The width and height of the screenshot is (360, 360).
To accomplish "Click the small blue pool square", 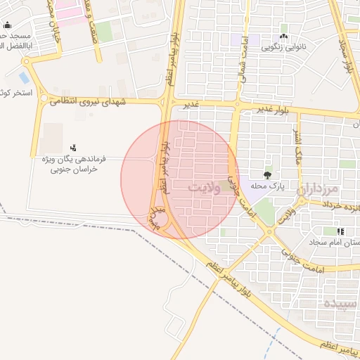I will tap(25, 77).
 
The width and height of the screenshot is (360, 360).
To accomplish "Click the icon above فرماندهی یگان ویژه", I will tap(72, 148).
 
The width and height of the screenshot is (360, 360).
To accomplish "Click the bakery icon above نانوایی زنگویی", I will tap(283, 36).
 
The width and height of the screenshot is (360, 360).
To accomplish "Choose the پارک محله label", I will tap(267, 187).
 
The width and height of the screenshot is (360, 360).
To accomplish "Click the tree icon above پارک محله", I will tap(267, 174).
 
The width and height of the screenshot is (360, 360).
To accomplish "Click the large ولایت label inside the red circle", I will tap(209, 187).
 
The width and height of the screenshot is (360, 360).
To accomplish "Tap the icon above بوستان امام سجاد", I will tap(340, 231).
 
